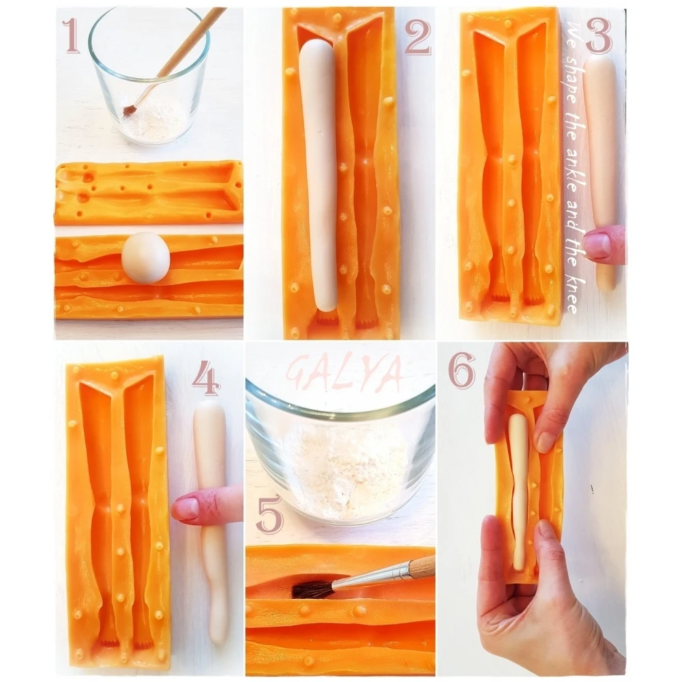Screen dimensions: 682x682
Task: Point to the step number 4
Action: click(206, 378)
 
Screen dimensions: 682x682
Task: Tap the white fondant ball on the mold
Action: click(145, 258)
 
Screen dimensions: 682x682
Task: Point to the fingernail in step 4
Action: click(186, 507)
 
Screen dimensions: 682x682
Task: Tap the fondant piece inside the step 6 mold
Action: click(519, 492)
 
